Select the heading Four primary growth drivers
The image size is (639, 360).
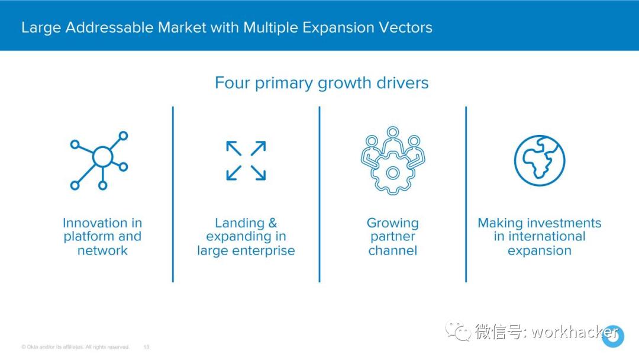pyautogui.click(x=321, y=83)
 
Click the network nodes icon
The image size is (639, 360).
pyautogui.click(x=99, y=160)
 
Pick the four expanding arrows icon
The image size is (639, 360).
pyautogui.click(x=246, y=160)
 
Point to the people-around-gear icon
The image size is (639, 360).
pyautogui.click(x=392, y=160)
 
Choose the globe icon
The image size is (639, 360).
pyautogui.click(x=540, y=160)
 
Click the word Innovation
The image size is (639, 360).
pyautogui.click(x=95, y=223)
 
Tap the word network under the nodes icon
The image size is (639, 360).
pyautogui.click(x=102, y=250)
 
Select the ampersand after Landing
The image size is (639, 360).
pyautogui.click(x=273, y=223)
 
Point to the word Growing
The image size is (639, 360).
pyautogui.click(x=392, y=223)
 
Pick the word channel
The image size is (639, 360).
pyautogui.click(x=392, y=250)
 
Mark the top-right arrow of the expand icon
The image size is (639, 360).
pyautogui.click(x=259, y=149)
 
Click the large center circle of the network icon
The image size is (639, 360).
pyautogui.click(x=102, y=156)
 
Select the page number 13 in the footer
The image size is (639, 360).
pyautogui.click(x=146, y=347)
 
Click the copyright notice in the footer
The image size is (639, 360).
pyautogui.click(x=75, y=347)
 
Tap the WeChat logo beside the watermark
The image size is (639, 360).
pyautogui.click(x=458, y=330)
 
